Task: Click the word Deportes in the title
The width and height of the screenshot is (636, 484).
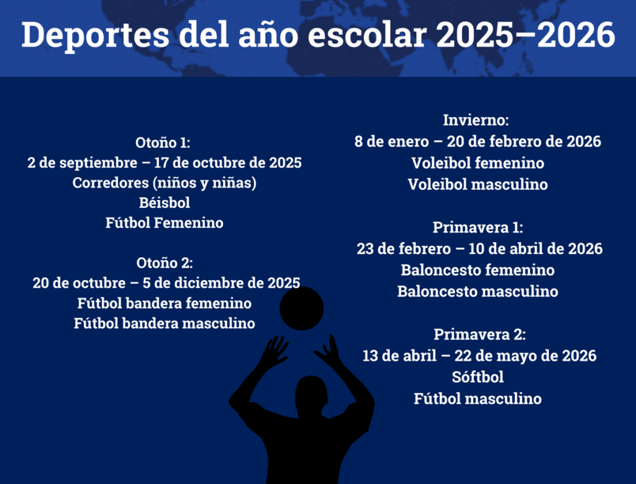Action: [x=95, y=35]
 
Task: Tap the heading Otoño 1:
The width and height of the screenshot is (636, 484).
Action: [x=163, y=142]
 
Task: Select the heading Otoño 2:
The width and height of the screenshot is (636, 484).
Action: [x=165, y=263]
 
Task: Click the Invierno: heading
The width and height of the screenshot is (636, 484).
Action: [x=476, y=120]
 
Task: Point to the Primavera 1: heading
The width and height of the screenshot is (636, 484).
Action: [x=478, y=227]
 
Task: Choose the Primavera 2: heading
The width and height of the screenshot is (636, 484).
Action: [x=480, y=334]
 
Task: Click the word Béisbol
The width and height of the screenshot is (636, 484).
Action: [x=164, y=203]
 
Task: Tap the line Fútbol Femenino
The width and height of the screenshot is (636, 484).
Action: [x=164, y=222]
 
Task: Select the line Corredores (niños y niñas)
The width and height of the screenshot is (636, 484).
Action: [x=164, y=183]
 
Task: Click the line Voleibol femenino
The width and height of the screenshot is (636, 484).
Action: [x=478, y=163]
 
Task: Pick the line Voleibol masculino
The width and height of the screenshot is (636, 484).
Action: [x=478, y=185]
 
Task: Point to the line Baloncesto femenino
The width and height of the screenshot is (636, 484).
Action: [x=478, y=270]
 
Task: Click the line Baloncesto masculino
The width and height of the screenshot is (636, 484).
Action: [x=478, y=291]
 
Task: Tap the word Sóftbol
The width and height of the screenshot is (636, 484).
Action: [x=478, y=377]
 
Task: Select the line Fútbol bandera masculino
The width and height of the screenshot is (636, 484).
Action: [x=164, y=323]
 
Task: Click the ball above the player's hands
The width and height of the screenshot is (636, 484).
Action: [x=302, y=309]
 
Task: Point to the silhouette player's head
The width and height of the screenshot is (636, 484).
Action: [x=311, y=396]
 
